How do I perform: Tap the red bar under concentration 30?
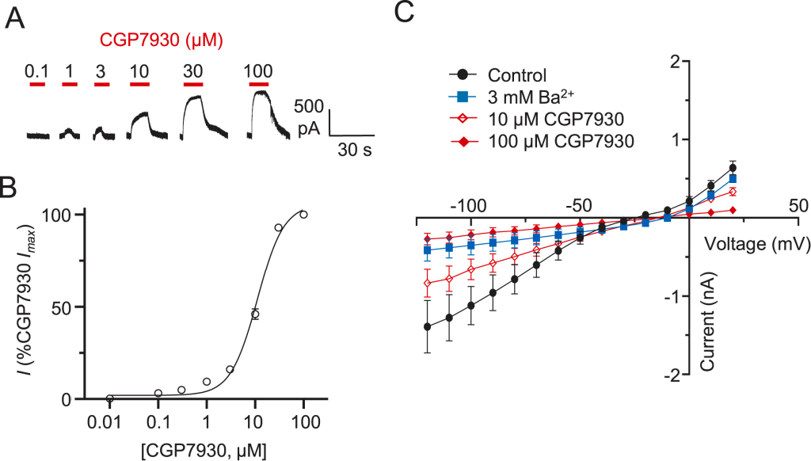point(193,82)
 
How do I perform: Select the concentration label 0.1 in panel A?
point(36,70)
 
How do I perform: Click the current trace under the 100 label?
point(260,111)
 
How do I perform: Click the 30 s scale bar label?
point(352,148)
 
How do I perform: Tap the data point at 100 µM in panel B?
point(303,215)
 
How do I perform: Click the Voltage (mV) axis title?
point(756,244)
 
